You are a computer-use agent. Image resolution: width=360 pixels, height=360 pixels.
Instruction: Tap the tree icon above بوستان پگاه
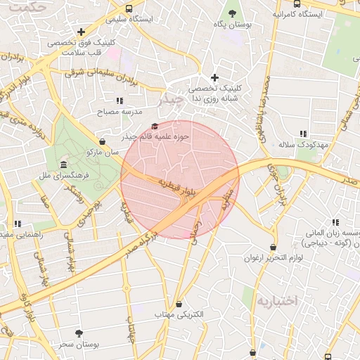[233, 13]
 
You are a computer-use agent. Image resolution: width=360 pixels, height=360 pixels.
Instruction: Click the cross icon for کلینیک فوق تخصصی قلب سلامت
[82, 32]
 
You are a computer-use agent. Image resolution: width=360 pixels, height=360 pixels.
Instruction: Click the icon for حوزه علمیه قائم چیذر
[154, 127]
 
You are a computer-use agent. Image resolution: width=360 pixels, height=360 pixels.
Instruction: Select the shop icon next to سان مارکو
[103, 141]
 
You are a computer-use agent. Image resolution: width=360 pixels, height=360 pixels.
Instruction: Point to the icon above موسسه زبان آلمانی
[335, 222]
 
